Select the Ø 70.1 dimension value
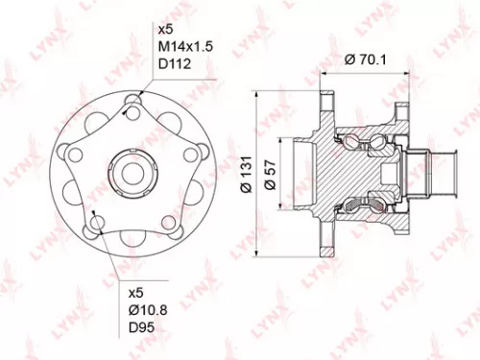363,60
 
